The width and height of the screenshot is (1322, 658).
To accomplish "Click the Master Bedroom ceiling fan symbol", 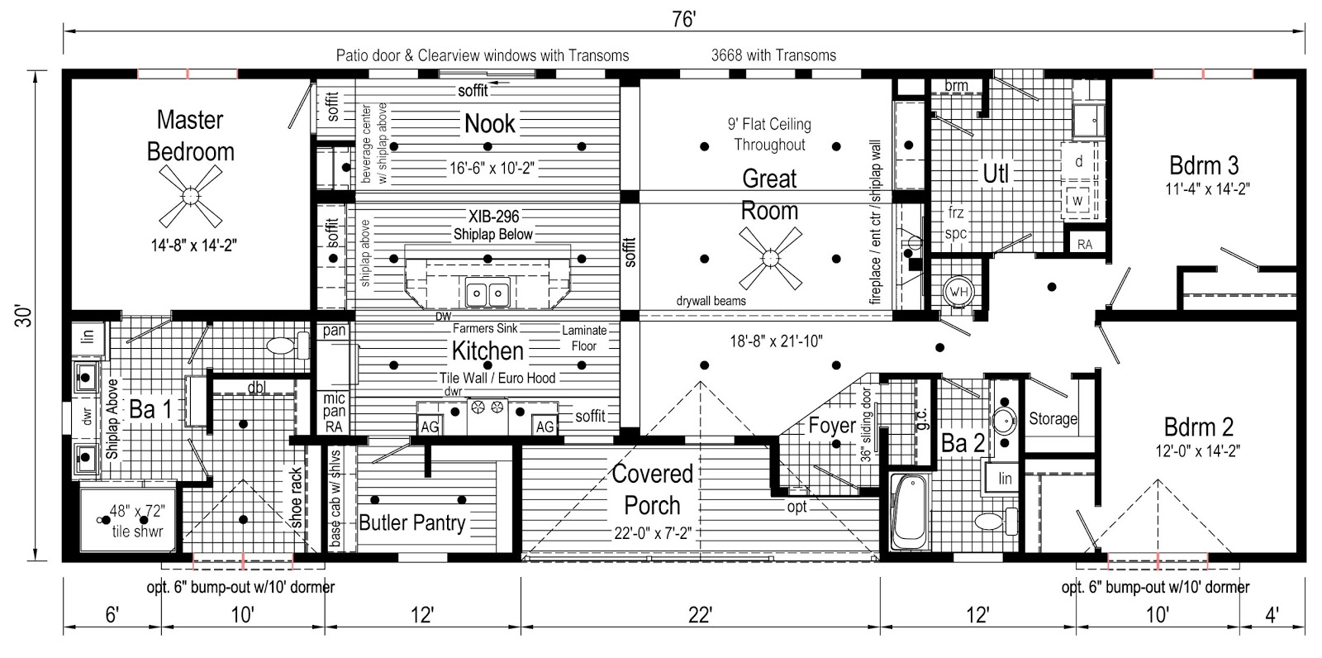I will [x=191, y=196].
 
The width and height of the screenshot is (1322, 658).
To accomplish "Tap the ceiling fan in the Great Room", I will [x=769, y=259].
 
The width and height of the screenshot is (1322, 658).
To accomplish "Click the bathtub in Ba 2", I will [x=910, y=512].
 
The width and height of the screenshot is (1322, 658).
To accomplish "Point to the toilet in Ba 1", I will [x=282, y=346].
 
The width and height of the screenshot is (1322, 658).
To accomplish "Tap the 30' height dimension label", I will [x=27, y=315].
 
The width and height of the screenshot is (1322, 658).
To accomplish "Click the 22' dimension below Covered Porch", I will [x=699, y=614].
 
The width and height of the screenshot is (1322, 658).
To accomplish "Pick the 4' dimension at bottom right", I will [x=1271, y=614].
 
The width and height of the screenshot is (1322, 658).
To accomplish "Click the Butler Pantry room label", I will [x=411, y=522].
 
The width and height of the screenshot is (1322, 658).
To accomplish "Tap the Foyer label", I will [x=831, y=426].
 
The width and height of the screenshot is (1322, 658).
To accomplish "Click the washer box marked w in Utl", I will [x=1077, y=201].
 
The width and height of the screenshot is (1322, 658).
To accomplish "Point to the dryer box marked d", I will [x=1078, y=161].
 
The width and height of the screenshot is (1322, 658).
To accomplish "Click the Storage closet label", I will [x=1053, y=419].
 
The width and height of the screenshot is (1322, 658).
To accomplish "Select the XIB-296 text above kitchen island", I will [x=493, y=217].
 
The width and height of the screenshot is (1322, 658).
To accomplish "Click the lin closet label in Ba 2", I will [x=1005, y=479].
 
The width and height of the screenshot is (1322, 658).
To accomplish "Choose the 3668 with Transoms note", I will [x=773, y=55].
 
